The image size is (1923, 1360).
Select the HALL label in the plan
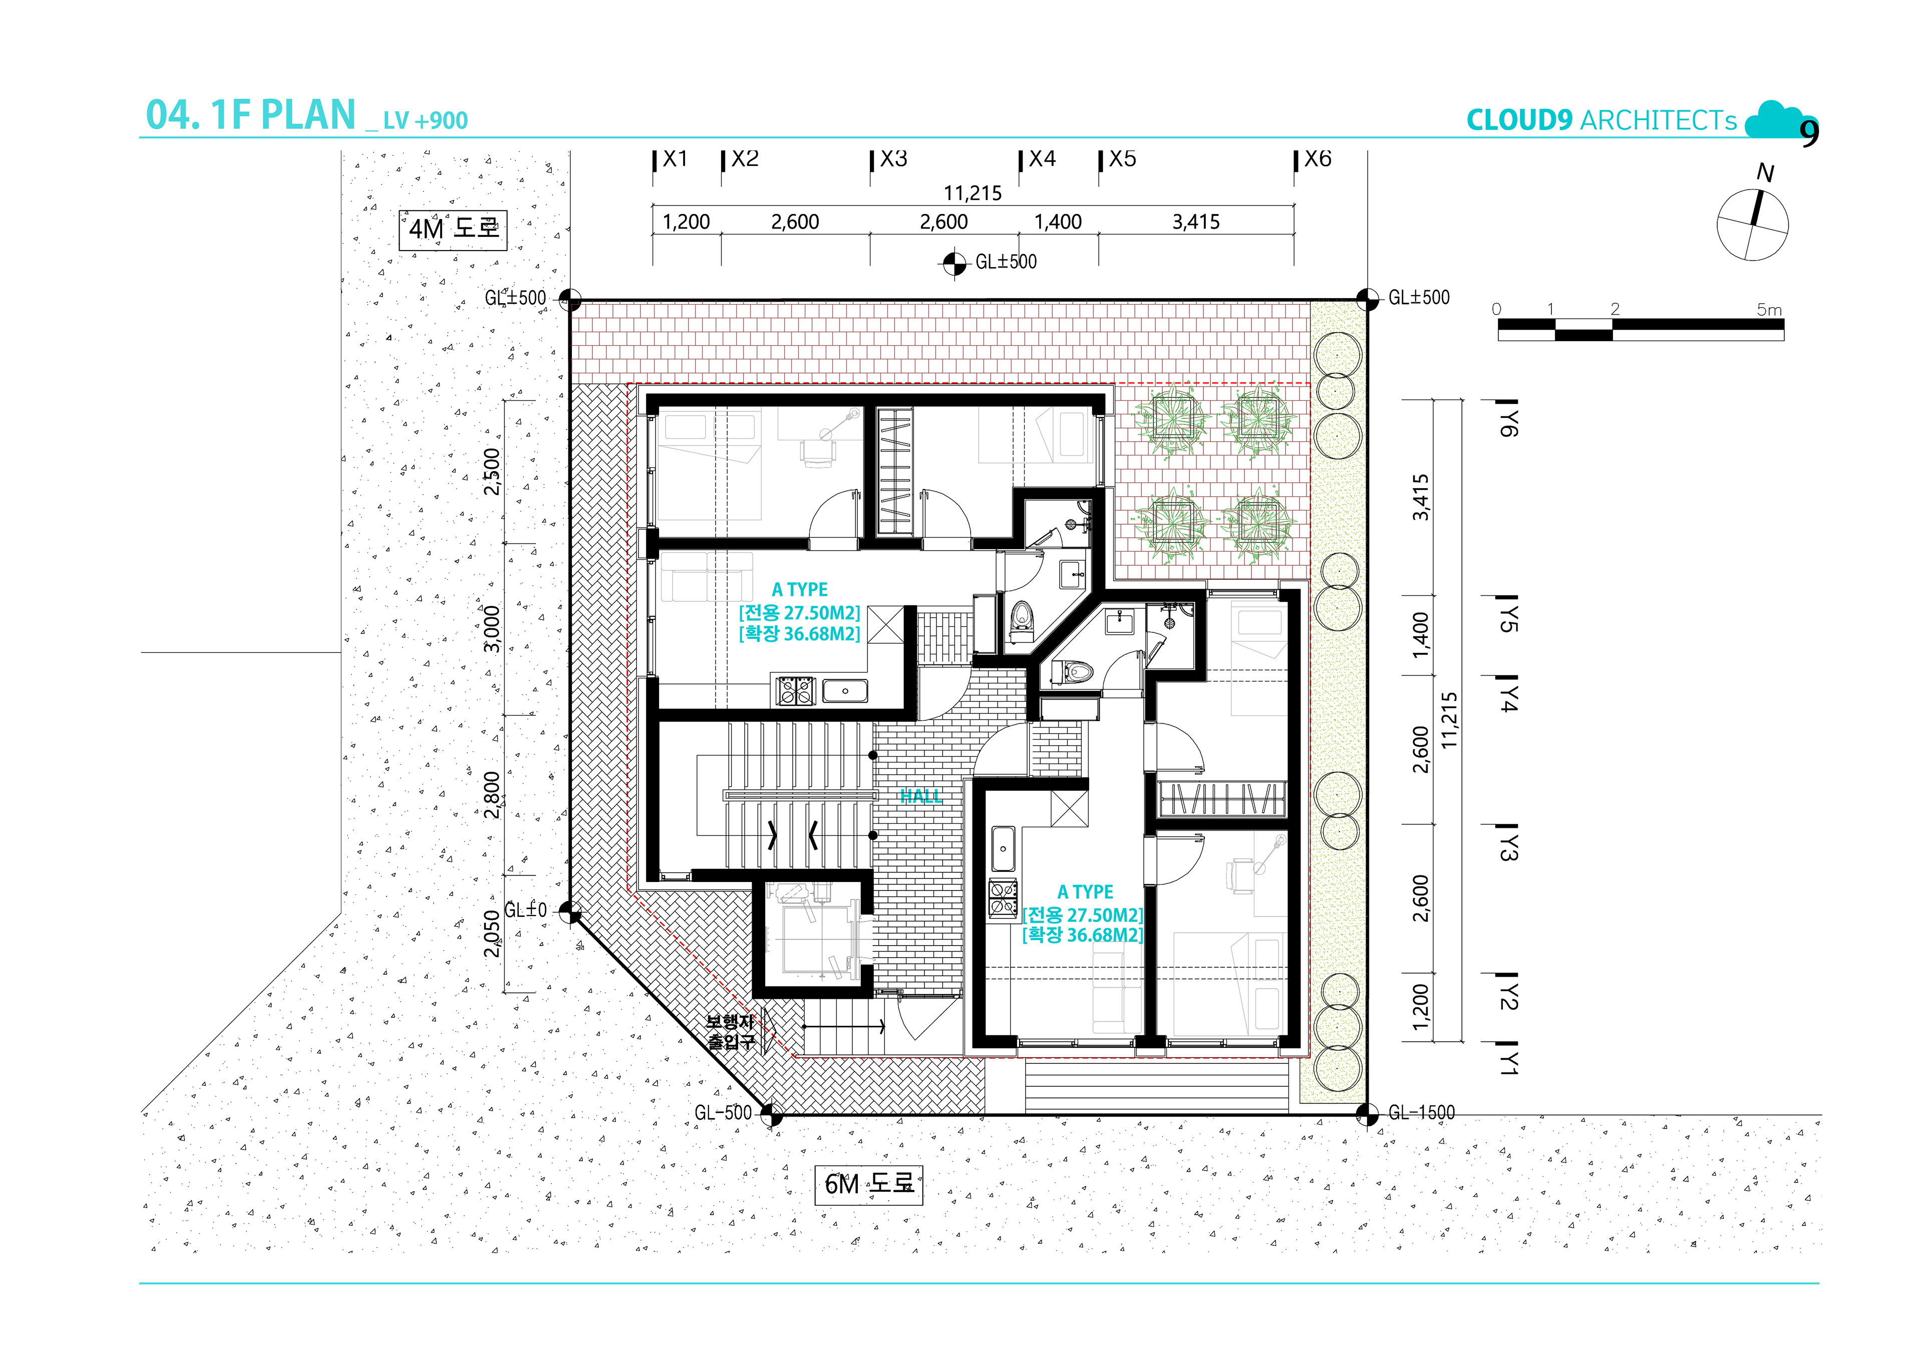pos(920,796)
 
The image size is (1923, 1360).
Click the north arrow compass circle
pos(1752,224)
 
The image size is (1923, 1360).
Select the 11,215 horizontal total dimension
pos(973,193)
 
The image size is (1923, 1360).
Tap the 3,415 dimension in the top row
pos(1195,222)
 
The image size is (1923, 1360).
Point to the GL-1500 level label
pos(1421,1113)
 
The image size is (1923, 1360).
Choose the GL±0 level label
pos(525,910)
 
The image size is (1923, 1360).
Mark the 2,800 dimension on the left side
pos(492,795)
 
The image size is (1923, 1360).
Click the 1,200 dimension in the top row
pos(686,222)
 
